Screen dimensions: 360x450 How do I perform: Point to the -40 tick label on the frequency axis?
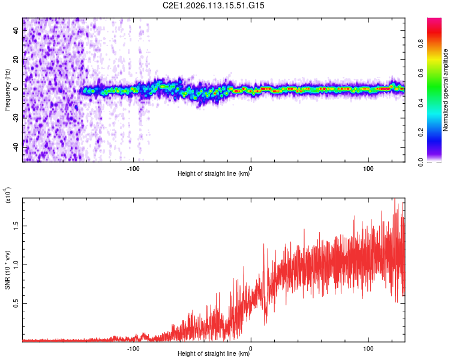pos(16,146)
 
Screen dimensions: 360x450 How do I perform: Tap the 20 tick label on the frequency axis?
pos(16,60)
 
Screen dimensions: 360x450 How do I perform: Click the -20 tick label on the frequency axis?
pos(16,118)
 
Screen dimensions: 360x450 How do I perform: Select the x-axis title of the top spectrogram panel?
pos(214,174)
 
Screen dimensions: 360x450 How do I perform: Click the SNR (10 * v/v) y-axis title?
pos(7,270)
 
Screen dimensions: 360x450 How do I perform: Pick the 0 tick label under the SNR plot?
pos(251,347)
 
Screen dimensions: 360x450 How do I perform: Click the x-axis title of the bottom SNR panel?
pos(214,354)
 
